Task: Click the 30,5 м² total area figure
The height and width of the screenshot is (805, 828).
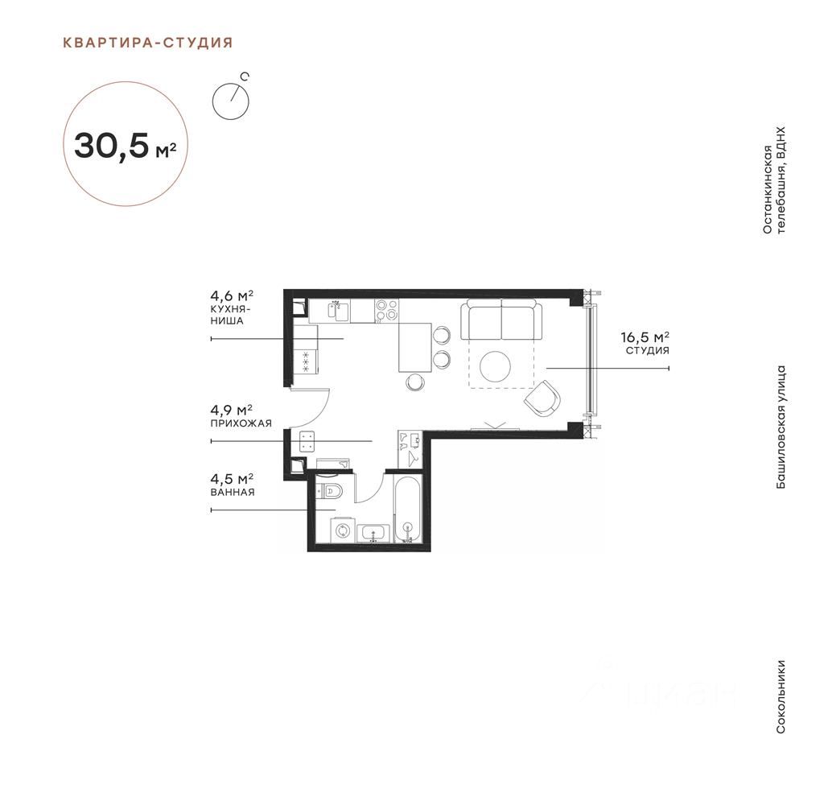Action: [126, 145]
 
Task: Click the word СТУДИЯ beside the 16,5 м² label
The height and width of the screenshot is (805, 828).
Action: [648, 350]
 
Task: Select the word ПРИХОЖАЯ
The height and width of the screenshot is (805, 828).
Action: [241, 423]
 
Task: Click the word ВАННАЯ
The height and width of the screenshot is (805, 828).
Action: [233, 493]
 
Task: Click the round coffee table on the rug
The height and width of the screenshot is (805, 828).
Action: [496, 366]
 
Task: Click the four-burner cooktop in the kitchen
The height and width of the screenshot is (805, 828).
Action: [386, 311]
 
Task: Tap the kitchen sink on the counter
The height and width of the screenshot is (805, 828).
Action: [337, 311]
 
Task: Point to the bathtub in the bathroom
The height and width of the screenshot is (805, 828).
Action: [408, 510]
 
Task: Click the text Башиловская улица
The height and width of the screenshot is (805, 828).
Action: [781, 427]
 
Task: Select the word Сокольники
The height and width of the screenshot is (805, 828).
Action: [781, 696]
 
